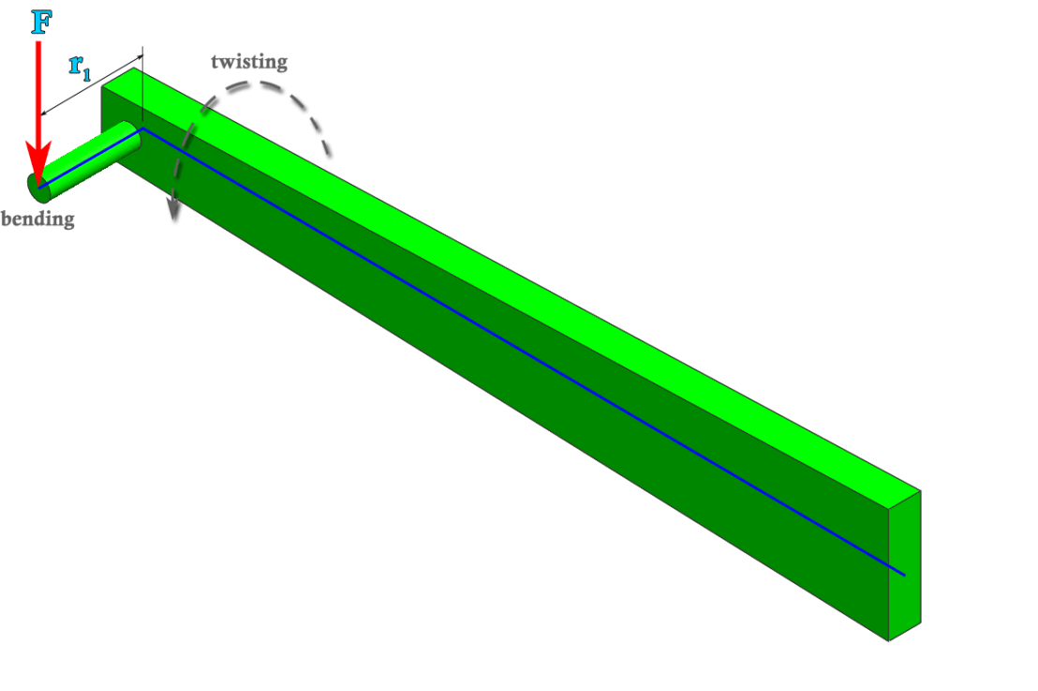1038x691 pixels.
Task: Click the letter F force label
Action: tap(40, 21)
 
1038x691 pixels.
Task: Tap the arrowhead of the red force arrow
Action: tap(38, 169)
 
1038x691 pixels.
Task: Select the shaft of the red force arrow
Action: tap(38, 94)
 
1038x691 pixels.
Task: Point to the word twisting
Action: tap(248, 63)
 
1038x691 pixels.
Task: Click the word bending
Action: tap(37, 220)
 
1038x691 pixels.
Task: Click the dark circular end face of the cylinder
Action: tap(39, 188)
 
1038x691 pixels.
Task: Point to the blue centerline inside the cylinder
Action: tap(89, 158)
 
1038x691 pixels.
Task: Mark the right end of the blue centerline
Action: tap(904, 574)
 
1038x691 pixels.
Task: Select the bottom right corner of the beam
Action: tap(888, 641)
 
